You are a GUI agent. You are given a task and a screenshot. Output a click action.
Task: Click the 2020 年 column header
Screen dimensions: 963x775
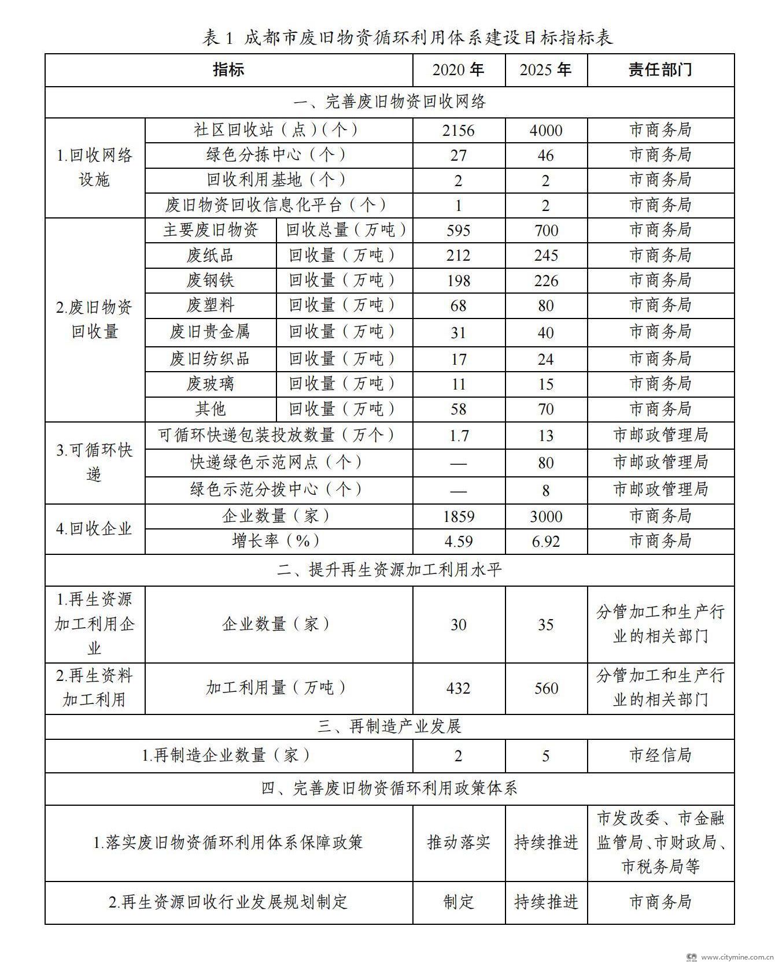tap(458, 70)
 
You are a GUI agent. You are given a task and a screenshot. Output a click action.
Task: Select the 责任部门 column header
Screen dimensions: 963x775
tap(660, 70)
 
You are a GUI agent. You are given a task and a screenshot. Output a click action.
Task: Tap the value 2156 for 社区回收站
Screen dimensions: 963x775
tap(458, 130)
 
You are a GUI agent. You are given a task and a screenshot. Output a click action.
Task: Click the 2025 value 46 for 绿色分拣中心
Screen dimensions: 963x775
tap(545, 155)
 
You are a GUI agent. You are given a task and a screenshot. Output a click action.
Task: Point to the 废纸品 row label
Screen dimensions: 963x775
tap(210, 255)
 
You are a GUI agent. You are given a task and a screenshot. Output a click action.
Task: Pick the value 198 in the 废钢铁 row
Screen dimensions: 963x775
tap(458, 281)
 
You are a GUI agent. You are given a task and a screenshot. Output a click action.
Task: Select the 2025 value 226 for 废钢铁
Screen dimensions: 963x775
tap(545, 281)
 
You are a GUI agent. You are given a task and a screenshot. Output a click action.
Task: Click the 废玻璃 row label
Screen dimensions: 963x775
tap(210, 384)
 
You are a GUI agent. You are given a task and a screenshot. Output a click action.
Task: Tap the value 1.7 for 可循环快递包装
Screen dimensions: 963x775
tap(458, 436)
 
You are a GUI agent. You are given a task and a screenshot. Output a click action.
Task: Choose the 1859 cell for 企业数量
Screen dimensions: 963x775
tap(458, 516)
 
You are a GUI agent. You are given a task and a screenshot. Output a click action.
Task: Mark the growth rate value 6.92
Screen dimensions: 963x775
tap(545, 542)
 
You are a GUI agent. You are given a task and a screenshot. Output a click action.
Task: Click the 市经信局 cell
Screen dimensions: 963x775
tap(660, 755)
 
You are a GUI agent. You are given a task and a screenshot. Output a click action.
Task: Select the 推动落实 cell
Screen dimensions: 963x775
tap(458, 842)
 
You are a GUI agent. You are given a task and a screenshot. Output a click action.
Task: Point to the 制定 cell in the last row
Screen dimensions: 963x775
tap(458, 902)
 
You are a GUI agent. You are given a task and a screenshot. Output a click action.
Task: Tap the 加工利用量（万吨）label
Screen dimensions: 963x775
tap(278, 688)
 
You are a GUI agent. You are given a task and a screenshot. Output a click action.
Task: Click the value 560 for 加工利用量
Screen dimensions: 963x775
tap(545, 688)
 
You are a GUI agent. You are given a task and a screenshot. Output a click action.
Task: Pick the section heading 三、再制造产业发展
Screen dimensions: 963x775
tap(389, 727)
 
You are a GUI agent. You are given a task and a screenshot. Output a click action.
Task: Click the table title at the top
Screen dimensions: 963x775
tap(408, 38)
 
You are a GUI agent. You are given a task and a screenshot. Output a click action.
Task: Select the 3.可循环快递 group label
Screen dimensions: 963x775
tap(94, 462)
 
